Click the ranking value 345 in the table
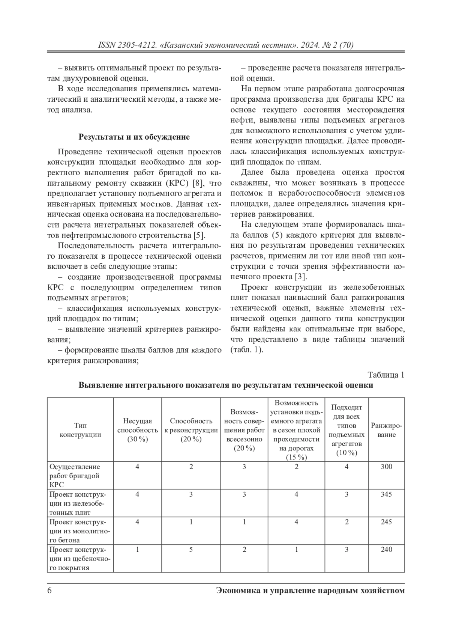click(386, 494)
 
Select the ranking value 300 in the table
click(386, 467)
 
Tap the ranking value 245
click(386, 522)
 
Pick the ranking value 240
click(386, 550)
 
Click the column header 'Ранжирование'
click(386, 430)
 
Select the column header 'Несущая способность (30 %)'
click(138, 430)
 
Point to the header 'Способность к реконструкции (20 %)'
click(191, 430)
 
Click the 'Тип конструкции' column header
click(80, 430)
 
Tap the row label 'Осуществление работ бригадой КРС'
click(75, 476)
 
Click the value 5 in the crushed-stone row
click(191, 550)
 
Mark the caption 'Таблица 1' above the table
click(386, 375)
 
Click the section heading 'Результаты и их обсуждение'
click(134, 137)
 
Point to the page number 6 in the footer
click(49, 590)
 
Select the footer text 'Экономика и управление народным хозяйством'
click(310, 590)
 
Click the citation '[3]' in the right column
click(300, 277)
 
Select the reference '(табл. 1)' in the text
click(247, 350)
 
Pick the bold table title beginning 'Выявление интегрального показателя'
click(226, 386)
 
